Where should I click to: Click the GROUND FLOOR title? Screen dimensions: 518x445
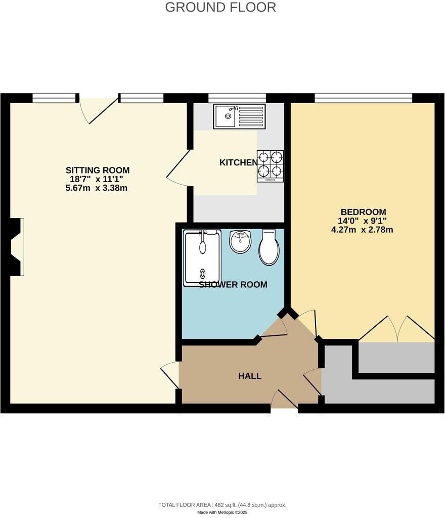[220, 8]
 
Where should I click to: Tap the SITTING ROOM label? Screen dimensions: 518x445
[98, 170]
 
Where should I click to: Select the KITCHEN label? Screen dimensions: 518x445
[238, 163]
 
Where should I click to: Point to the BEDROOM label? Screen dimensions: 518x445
[363, 212]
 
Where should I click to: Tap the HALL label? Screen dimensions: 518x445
[250, 376]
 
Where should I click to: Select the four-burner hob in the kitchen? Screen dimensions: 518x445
[270, 165]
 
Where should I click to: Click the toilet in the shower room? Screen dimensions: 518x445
[269, 248]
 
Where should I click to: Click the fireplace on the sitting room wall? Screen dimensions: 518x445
[16, 247]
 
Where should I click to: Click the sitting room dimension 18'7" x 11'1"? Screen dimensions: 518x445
[98, 179]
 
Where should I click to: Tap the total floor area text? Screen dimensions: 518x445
[223, 505]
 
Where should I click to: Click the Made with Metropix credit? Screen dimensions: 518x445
[223, 512]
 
